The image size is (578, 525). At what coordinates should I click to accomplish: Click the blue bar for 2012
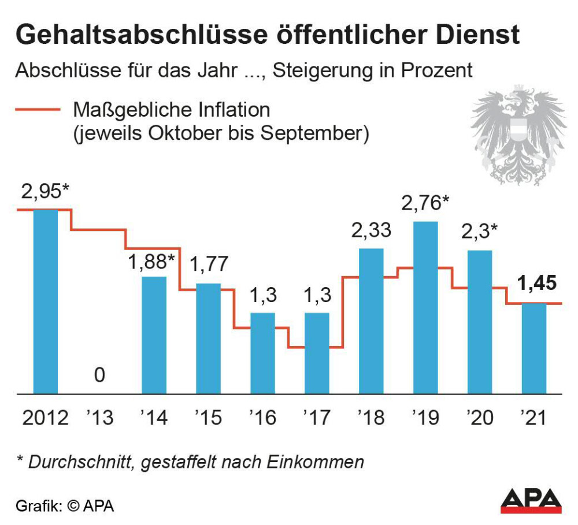point(45,301)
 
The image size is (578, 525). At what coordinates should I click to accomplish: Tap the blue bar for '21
point(534,348)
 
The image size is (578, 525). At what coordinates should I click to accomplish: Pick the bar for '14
point(154,335)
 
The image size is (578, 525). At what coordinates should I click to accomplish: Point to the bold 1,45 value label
point(535,284)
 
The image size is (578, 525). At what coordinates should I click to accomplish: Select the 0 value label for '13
point(99,375)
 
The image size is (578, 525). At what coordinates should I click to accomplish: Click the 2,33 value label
point(371,230)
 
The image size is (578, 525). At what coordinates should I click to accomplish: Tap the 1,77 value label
point(208,265)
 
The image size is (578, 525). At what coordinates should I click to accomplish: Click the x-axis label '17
point(317,417)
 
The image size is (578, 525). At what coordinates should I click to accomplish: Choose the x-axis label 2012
point(45,417)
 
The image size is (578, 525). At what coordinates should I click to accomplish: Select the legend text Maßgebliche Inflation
point(172,109)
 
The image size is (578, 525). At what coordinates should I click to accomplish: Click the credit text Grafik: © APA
point(65,506)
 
